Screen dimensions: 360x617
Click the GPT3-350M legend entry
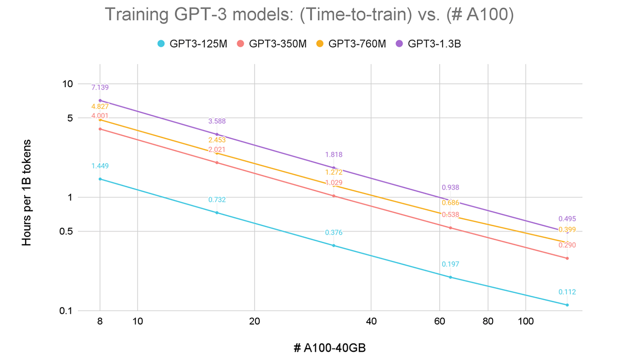272,44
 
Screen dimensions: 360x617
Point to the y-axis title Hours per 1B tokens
27,192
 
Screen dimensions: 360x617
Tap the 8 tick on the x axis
100,321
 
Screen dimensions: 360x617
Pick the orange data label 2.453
217,140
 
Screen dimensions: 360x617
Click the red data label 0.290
567,245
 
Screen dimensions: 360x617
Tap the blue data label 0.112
567,292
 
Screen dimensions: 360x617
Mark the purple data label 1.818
334,154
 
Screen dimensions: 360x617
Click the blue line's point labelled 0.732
216,212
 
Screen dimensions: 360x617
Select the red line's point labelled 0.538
450,228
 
